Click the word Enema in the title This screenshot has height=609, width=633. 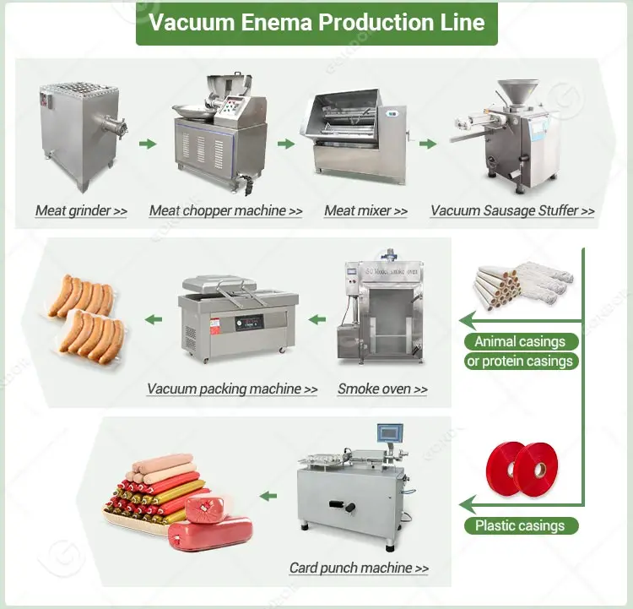(277, 22)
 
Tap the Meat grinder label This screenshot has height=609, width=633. (82, 210)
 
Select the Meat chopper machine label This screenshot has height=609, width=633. (225, 210)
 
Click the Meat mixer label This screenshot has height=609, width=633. (365, 210)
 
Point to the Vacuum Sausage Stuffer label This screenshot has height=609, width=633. (512, 210)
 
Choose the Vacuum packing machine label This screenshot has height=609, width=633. (232, 389)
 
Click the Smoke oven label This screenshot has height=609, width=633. (382, 389)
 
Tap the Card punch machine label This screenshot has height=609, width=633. (359, 568)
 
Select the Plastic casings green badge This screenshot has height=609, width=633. (521, 525)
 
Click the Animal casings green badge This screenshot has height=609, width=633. (521, 342)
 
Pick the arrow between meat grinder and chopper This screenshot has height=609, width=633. (148, 144)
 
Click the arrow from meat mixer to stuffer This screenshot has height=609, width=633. (428, 144)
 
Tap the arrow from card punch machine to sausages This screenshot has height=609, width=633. (268, 496)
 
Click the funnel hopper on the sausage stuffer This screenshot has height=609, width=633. (518, 92)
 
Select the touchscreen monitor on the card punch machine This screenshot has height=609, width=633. (390, 433)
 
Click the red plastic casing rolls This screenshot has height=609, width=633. (522, 469)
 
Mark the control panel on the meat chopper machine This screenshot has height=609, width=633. (232, 107)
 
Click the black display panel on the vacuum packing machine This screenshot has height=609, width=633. (249, 323)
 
